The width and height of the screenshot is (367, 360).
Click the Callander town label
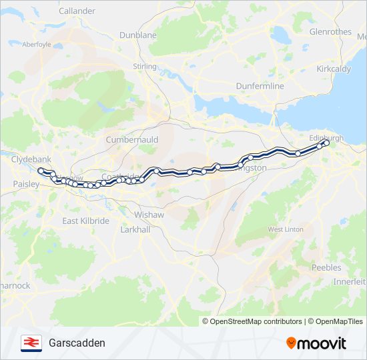coord(77,11)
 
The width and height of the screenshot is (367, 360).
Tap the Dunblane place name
coord(138,35)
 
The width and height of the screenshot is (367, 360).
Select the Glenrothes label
coord(330,31)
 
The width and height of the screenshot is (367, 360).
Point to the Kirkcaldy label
coord(334,69)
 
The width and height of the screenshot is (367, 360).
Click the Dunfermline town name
coord(260,86)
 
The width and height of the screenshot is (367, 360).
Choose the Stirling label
coord(145,67)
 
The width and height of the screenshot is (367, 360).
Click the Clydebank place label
coord(31,160)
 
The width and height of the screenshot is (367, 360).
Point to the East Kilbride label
coord(85,221)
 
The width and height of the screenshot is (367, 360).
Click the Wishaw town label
coord(149,215)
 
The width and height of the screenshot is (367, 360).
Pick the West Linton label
coord(286,229)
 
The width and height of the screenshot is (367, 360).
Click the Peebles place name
coord(327,267)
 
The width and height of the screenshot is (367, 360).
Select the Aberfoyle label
coord(37,45)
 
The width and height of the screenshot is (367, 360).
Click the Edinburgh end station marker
coord(326,143)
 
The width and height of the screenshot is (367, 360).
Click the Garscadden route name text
coord(77,343)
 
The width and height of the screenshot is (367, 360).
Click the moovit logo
coord(316,343)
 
